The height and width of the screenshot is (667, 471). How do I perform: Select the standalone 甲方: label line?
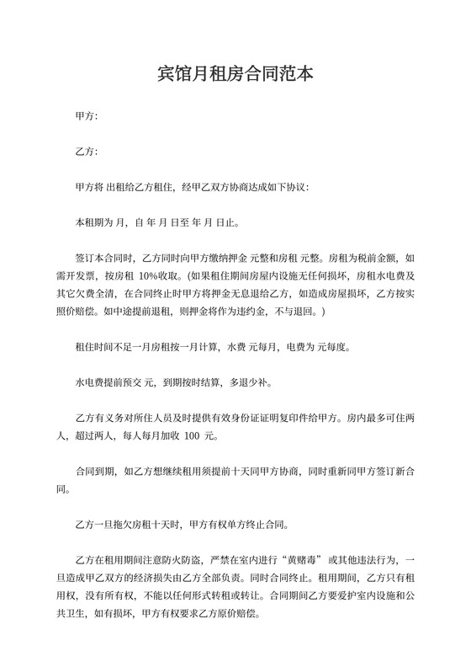click(87, 115)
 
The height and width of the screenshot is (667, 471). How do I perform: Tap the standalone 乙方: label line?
click(87, 152)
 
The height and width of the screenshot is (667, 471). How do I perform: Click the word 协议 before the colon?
click(296, 188)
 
